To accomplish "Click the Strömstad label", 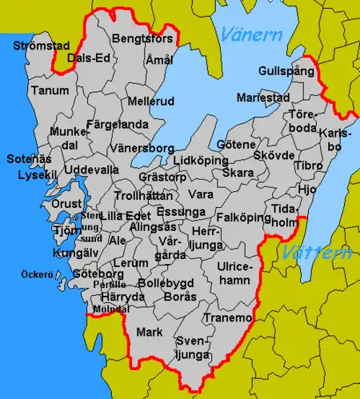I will click(x=36, y=46).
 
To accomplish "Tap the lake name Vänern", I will click(x=251, y=35).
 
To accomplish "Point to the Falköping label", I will click(x=242, y=217).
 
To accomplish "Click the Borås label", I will click(x=179, y=296).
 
